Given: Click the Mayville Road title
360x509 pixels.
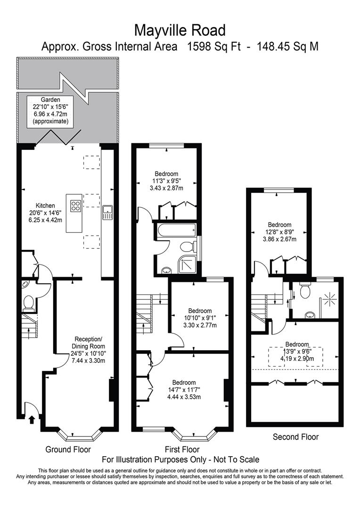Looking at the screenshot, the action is tap(180, 31).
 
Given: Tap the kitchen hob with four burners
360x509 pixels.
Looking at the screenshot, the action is tap(76, 206).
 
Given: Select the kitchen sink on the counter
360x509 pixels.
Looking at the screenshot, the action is tap(107, 213).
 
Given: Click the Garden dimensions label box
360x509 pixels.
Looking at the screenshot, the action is tap(50, 111).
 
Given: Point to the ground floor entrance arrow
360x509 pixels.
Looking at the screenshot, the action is tap(32, 419).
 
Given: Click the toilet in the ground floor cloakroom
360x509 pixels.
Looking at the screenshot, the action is tap(29, 303).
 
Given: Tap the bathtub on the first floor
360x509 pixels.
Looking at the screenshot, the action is tap(176, 230).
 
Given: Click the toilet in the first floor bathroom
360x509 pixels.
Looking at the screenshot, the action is tap(188, 246).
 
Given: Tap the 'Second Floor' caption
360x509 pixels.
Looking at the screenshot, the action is tap(295, 436).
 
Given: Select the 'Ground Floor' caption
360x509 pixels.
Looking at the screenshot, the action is tap(68, 449).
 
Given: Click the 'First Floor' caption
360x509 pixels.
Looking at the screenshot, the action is tap(182, 449).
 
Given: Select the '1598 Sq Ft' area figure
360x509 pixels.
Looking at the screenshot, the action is tap(213, 46).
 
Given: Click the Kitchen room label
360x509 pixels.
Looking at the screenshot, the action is tap(45, 205).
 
